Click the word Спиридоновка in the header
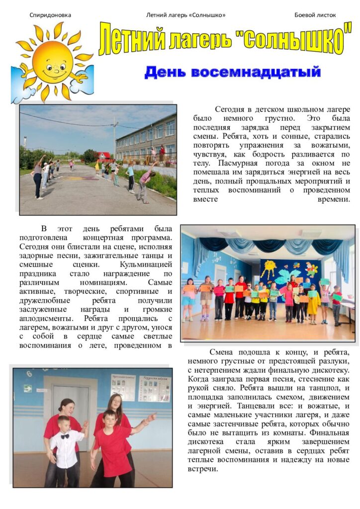pos(50,15)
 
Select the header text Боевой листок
pos(315,15)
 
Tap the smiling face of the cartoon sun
pos(53,63)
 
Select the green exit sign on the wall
pos(27,388)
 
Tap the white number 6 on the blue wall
pos(29,373)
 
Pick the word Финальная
pos(326,432)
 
